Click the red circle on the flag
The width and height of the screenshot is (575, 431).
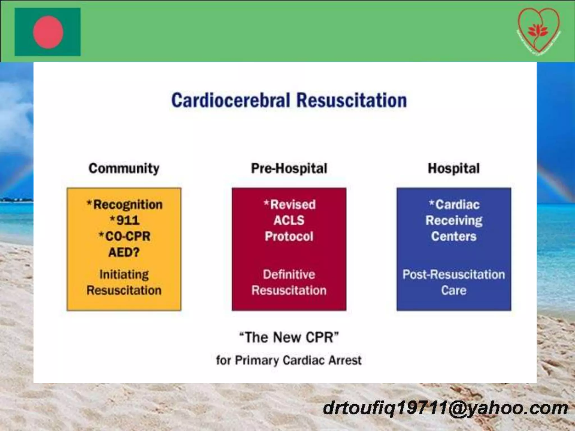pos(48,32)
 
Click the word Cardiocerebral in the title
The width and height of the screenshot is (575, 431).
pos(230,100)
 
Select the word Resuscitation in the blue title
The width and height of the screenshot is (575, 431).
pos(352,100)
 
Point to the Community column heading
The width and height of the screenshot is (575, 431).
pos(124,168)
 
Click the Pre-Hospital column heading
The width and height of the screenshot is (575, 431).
pos(289,168)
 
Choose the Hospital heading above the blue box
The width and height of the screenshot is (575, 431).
pos(453,168)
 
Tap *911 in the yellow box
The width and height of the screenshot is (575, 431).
pos(124,220)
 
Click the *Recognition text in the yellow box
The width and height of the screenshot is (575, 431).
pos(124,205)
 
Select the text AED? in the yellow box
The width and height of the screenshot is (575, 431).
pos(124,252)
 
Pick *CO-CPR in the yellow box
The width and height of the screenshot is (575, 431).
pos(124,236)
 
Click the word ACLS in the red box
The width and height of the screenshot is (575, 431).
pos(289,220)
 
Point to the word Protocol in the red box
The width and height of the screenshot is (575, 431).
pos(289,236)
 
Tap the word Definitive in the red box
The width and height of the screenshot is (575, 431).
pos(289,274)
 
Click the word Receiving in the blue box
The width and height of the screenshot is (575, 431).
pos(454,220)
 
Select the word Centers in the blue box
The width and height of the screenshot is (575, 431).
pos(454,236)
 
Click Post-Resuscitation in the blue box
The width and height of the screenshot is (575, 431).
pos(454,274)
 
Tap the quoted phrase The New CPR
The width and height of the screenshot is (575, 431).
pos(289,337)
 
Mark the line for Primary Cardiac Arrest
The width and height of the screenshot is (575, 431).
pos(289,360)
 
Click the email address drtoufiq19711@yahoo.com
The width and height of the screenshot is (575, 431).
pos(445,408)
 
